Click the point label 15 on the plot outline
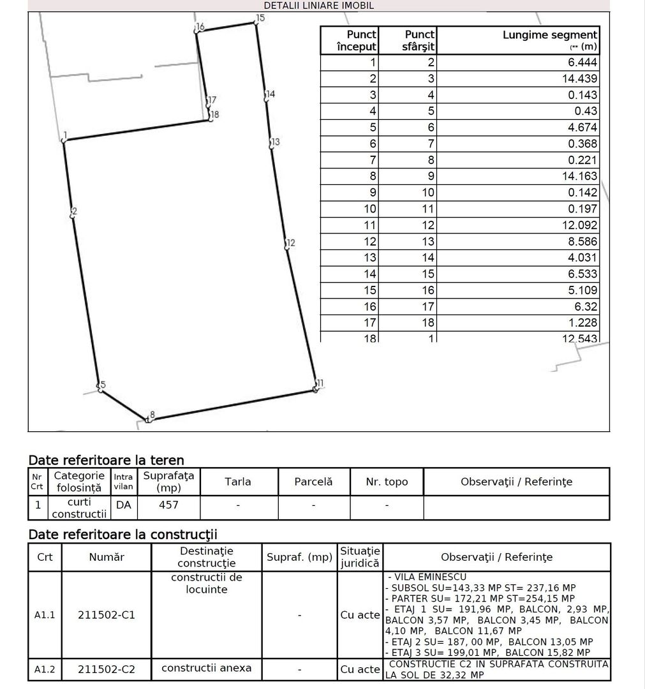[260, 18]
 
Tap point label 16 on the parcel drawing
[200, 27]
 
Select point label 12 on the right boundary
[291, 242]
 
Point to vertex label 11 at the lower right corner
[320, 383]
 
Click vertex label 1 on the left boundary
[65, 135]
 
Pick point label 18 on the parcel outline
[214, 115]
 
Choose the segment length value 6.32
[586, 306]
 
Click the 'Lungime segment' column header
[550, 40]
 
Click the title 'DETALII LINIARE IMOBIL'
[319, 6]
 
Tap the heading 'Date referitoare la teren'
[106, 460]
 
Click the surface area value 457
[168, 505]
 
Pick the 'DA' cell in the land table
[123, 505]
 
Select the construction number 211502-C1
[107, 615]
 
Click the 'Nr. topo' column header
[387, 482]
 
